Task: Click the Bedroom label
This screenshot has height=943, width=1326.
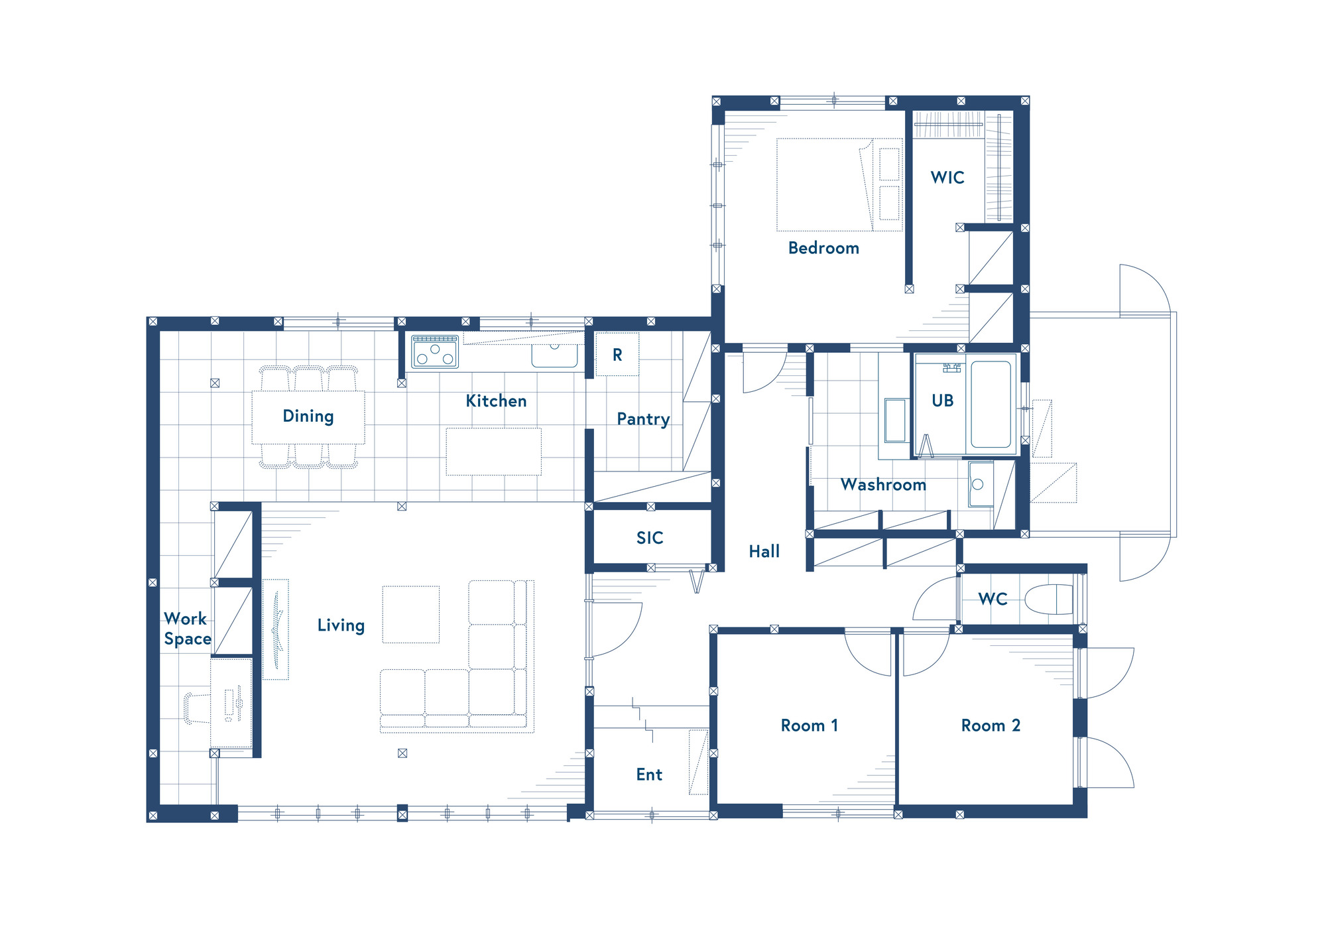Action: [x=823, y=248]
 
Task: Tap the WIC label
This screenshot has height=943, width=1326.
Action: [x=947, y=178]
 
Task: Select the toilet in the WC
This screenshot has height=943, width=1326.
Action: [x=1049, y=599]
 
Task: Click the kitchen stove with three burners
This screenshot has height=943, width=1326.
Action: [x=435, y=351]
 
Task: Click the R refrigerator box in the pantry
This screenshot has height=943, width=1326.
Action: [x=617, y=355]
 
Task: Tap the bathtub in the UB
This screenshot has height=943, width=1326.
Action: [x=991, y=404]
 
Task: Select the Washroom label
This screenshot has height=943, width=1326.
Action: [x=883, y=485]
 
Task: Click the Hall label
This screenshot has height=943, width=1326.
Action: [x=764, y=552]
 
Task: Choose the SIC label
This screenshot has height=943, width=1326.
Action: [x=650, y=538]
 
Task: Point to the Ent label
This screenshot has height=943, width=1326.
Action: [x=649, y=775]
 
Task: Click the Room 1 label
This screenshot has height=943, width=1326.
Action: [x=810, y=725]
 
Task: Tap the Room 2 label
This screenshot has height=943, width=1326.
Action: [x=991, y=725]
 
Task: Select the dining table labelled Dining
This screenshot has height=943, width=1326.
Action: [x=308, y=417]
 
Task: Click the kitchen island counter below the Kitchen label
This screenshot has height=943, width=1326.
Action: [x=494, y=452]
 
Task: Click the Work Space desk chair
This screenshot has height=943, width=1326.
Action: [x=197, y=708]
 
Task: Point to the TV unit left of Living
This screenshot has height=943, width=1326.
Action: [x=276, y=629]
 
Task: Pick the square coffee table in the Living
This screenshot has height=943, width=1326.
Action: [x=411, y=614]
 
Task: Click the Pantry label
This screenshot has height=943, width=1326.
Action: [x=643, y=420]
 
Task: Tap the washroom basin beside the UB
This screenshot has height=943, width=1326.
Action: [x=980, y=484]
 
